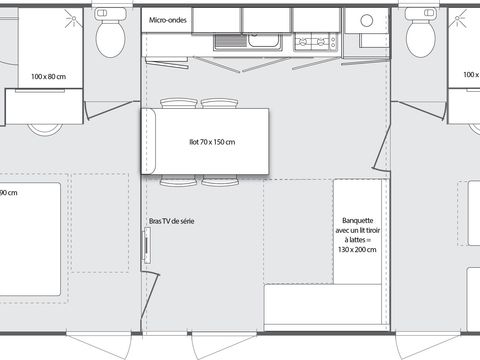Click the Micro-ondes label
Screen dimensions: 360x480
coord(167,20)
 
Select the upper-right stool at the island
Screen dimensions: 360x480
coord(217,103)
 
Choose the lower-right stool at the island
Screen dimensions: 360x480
coord(217,180)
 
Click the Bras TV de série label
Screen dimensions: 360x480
coord(171,221)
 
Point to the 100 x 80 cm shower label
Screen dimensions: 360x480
coord(47,76)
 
